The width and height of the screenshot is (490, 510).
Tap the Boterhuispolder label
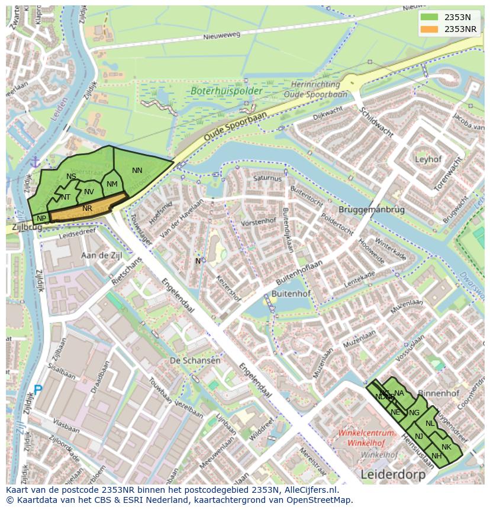[218, 91]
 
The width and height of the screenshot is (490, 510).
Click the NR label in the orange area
[88, 209]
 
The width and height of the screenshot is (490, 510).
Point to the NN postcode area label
[137, 171]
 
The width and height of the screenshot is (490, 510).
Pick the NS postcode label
[71, 177]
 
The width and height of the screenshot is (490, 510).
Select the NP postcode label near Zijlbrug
[41, 219]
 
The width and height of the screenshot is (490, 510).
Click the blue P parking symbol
[38, 390]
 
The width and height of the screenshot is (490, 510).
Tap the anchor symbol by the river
[35, 162]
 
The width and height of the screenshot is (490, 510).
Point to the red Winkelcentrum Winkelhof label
[366, 437]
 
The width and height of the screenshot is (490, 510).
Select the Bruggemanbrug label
[371, 210]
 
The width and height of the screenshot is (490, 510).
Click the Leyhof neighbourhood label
[428, 159]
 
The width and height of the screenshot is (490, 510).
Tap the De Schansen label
[195, 360]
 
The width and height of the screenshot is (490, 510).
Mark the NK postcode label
[446, 447]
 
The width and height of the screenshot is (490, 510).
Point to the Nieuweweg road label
[222, 36]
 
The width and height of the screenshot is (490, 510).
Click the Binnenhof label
[439, 393]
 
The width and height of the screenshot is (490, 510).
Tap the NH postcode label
[437, 456]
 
